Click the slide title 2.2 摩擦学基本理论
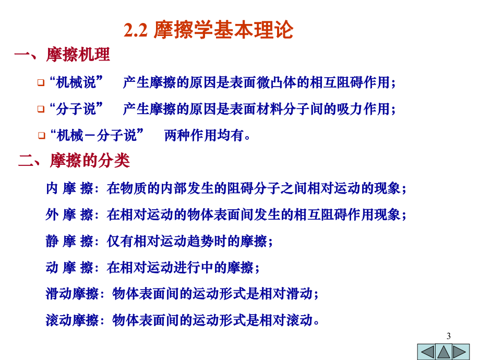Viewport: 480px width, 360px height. [x=209, y=30]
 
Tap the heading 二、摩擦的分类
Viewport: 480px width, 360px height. [x=74, y=160]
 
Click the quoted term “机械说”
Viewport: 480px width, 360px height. [x=75, y=82]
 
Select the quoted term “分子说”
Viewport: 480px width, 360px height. [x=75, y=109]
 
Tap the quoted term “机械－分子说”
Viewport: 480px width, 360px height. [x=96, y=136]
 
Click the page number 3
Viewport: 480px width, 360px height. [x=449, y=335]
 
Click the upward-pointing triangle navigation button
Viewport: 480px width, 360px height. [x=445, y=351]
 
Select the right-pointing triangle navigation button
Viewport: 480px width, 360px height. [x=461, y=351]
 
